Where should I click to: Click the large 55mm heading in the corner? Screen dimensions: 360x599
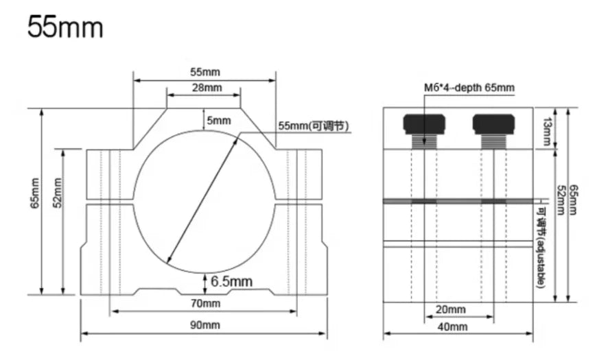click(x=65, y=28)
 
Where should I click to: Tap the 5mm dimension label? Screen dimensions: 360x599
click(x=219, y=120)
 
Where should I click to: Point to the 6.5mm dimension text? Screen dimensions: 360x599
click(x=231, y=281)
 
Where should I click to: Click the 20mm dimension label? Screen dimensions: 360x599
click(x=450, y=309)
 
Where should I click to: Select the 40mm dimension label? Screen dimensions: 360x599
click(x=451, y=327)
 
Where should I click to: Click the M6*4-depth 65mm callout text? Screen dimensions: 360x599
click(x=469, y=88)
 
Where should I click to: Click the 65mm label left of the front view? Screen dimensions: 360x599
click(x=35, y=195)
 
